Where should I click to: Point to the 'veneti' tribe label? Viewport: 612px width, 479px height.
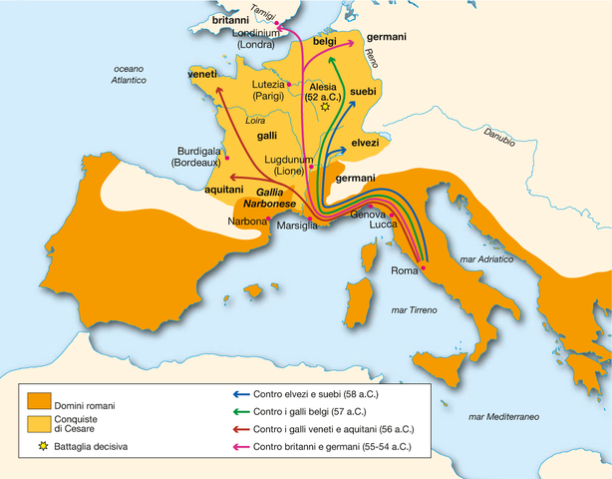point(203,75)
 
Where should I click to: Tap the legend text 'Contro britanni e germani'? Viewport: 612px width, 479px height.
point(333,446)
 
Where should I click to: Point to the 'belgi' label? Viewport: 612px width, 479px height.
point(325,42)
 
